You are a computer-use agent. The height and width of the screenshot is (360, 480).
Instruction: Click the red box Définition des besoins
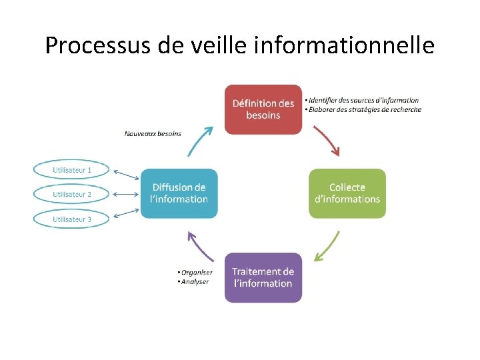[x=263, y=109]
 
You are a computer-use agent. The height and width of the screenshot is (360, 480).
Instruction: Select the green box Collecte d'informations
[x=347, y=193]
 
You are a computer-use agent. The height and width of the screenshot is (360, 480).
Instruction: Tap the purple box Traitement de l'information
[x=263, y=277]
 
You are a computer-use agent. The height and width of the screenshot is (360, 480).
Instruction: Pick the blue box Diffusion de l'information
[x=179, y=193]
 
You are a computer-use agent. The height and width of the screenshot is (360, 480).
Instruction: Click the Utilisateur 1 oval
[x=72, y=170]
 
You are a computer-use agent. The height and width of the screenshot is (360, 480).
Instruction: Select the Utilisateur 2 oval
[x=72, y=194]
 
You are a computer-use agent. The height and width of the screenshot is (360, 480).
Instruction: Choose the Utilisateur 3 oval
[x=72, y=218]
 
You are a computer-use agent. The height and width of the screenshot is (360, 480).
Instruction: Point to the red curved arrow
[x=327, y=141]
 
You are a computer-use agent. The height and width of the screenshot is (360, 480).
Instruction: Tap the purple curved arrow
[x=199, y=246]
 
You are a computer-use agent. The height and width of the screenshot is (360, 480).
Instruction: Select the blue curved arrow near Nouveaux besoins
[x=199, y=141]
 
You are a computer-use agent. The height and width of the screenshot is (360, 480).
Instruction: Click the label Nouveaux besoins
[x=153, y=133]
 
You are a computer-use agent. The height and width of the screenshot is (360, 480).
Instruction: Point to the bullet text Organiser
[x=196, y=272]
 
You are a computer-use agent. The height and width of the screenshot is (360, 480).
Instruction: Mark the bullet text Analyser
[x=195, y=281]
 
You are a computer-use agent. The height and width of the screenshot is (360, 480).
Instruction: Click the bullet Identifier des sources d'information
[x=363, y=100]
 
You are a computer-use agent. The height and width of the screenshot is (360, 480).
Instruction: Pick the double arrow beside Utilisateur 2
[x=125, y=194]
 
